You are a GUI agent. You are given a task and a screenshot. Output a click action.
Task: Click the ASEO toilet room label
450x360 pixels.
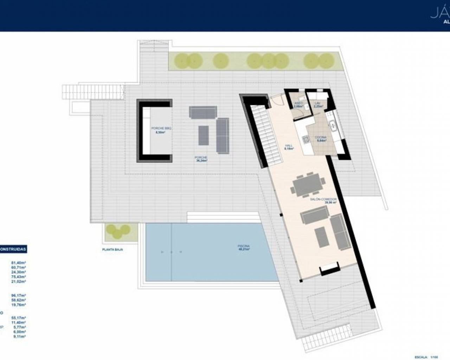(298, 104)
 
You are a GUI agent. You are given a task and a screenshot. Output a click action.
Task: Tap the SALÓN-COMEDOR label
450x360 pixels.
(323, 201)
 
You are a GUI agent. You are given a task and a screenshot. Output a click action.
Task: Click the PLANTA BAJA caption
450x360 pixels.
(113, 249)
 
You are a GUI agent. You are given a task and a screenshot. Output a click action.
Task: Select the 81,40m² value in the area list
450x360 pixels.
(19, 263)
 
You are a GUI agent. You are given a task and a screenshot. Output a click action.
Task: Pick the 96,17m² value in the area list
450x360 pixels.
(19, 296)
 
